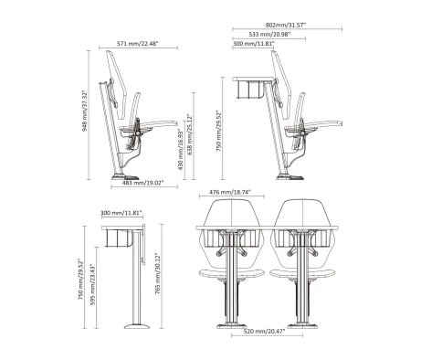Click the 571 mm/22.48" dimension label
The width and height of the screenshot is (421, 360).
click(x=138, y=44)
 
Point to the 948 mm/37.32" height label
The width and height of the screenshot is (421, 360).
click(x=85, y=111)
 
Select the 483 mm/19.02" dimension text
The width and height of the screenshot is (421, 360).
click(x=143, y=183)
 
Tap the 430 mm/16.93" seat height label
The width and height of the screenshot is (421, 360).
click(x=181, y=149)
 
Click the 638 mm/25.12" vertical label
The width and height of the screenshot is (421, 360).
click(x=190, y=134)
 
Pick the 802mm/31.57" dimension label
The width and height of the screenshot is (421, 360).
click(x=286, y=25)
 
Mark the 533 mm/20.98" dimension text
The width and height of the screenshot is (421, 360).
click(x=269, y=35)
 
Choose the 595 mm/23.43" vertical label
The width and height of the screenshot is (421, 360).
click(x=93, y=284)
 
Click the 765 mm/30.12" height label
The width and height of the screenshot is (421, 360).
click(x=158, y=273)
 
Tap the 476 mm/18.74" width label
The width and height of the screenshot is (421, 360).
click(x=230, y=192)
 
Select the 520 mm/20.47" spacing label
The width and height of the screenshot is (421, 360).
click(x=264, y=332)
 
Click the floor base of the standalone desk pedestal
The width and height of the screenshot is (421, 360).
click(x=137, y=326)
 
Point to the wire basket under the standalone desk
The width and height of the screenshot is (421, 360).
click(x=119, y=238)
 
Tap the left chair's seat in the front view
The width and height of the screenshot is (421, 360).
click(x=232, y=273)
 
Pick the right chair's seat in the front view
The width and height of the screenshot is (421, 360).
click(x=302, y=273)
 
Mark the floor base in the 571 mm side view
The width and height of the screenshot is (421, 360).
click(x=125, y=177)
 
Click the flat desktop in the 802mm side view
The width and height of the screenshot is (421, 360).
click(x=253, y=79)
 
